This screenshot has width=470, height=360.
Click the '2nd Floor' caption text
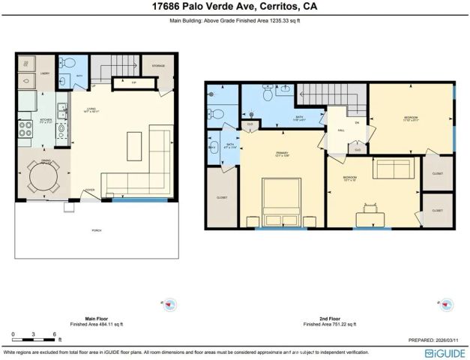click(332, 317)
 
